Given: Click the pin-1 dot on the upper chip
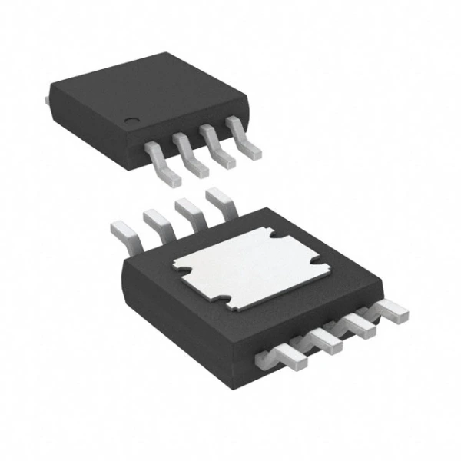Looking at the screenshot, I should [x=133, y=121].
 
